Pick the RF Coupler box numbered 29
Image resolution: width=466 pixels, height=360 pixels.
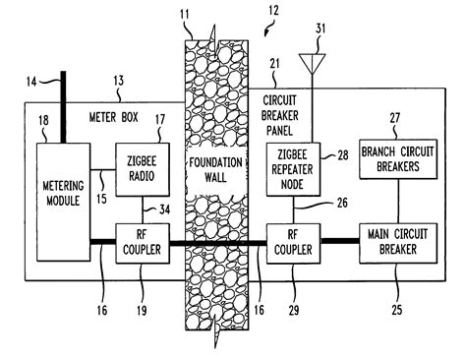point(292,243)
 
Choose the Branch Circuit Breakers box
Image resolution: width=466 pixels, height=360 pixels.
point(397,159)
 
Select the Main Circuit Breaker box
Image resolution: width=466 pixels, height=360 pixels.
point(397,243)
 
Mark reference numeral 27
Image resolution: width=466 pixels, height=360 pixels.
point(398,117)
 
